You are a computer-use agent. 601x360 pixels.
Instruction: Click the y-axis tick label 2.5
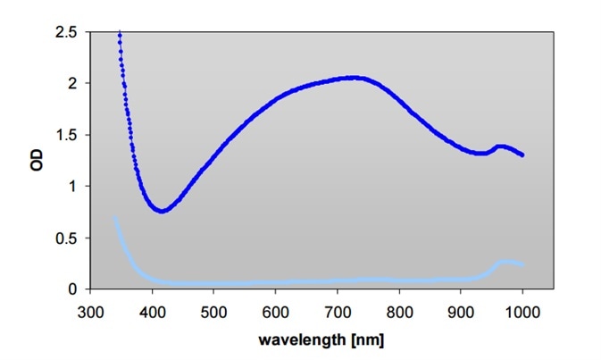pyautogui.click(x=68, y=32)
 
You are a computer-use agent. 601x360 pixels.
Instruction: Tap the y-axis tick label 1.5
pyautogui.click(x=68, y=135)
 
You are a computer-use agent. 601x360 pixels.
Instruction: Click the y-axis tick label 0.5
pyautogui.click(x=68, y=238)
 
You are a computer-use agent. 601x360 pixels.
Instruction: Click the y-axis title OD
pyautogui.click(x=37, y=160)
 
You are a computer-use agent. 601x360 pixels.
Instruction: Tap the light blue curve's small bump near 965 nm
pyautogui.click(x=505, y=262)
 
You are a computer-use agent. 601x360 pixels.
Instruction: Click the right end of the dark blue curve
pyautogui.click(x=522, y=155)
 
